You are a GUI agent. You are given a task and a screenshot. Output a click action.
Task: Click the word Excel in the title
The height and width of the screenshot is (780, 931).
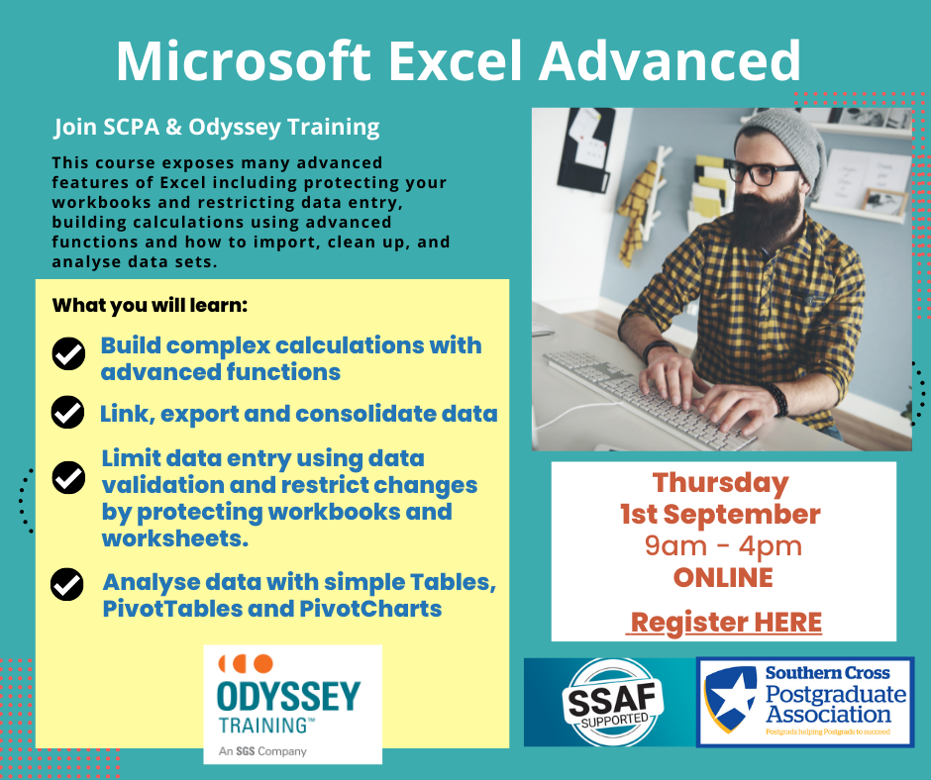tap(456, 61)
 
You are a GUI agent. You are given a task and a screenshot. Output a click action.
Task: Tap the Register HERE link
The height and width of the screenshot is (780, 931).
tap(726, 622)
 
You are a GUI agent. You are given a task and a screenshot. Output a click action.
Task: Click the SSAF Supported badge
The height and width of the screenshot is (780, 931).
tap(613, 702)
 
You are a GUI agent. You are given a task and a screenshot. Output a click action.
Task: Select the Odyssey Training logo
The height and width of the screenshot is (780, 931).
tap(293, 704)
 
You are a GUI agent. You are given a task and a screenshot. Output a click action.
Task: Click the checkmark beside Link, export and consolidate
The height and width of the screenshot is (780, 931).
tap(67, 412)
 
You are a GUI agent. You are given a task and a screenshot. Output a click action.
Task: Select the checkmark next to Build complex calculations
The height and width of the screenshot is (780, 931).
tap(68, 353)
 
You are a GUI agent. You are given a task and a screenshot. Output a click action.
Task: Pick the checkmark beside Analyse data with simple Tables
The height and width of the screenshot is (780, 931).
tap(67, 584)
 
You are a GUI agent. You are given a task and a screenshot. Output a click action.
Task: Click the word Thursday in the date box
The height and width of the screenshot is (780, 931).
tap(721, 483)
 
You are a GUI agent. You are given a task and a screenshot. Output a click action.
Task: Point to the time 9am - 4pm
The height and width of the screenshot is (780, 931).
tap(723, 545)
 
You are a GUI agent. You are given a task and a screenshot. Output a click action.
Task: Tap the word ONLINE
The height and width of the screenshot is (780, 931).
tap(723, 578)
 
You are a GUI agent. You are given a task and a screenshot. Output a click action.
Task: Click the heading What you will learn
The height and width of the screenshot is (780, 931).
tap(150, 305)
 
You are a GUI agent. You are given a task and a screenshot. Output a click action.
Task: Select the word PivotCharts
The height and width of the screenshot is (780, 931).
tap(370, 609)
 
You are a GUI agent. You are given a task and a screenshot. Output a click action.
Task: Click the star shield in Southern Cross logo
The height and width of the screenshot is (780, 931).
tap(730, 699)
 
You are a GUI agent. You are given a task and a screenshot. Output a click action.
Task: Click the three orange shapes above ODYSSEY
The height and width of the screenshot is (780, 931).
tap(246, 663)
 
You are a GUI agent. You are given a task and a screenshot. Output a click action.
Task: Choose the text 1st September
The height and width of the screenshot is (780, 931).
tap(720, 514)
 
